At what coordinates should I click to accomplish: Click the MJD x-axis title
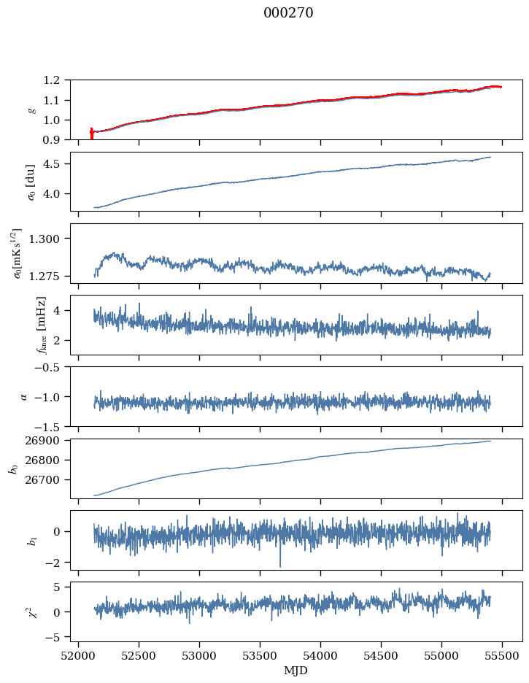(x=296, y=671)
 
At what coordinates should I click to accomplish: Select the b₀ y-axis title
(x=13, y=468)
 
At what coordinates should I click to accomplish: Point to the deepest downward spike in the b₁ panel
(x=279, y=566)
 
